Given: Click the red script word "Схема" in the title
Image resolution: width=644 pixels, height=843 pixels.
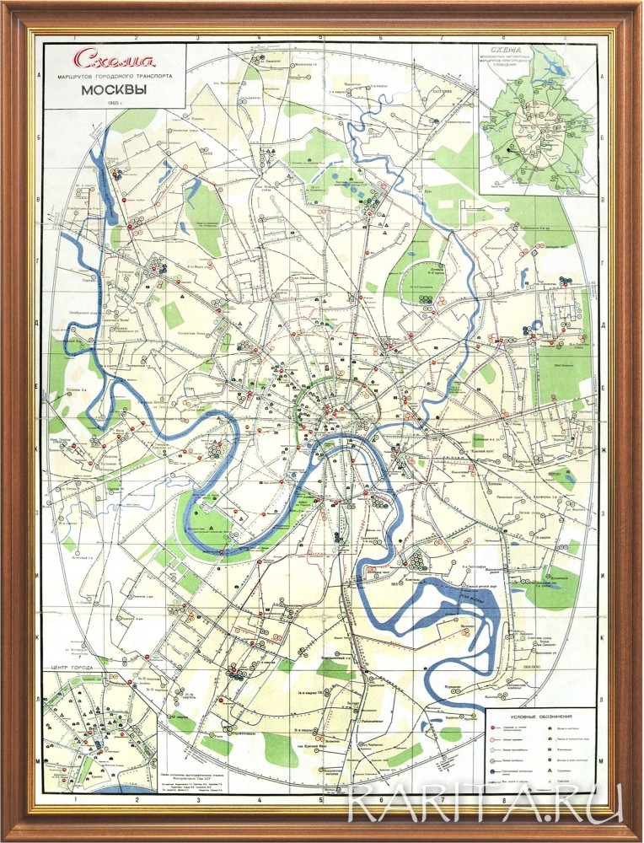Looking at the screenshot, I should coord(103,61).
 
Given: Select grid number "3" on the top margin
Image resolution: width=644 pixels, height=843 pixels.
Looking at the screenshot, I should coord(196,38).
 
